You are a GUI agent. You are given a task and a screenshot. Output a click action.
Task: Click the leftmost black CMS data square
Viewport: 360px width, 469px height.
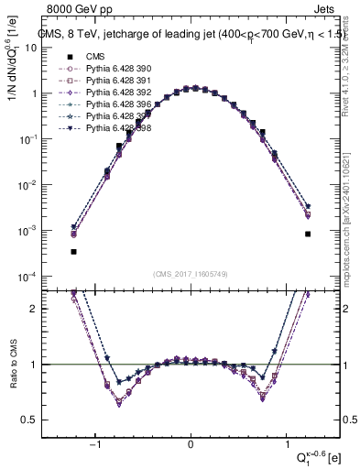click(x=73, y=251)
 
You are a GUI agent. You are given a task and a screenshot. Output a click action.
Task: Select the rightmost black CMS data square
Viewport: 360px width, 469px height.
click(x=308, y=234)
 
